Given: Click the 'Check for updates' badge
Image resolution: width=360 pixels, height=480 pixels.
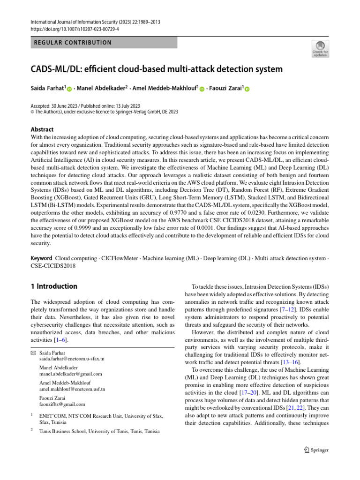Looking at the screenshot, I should pos(320,48).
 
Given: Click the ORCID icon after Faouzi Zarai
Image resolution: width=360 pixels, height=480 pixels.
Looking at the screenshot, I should pos(247,89).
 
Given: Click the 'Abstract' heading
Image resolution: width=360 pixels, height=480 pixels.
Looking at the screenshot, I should pos(42,129).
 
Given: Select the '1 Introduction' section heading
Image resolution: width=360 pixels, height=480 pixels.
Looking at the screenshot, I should pos(53,286).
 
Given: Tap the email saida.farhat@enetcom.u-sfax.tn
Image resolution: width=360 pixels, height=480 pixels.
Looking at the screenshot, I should pos(72,358).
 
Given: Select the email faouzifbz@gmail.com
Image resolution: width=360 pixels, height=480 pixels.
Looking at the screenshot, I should pos(62,404).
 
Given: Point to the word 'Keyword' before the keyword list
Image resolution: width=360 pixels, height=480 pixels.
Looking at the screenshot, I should pos(41,258).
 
